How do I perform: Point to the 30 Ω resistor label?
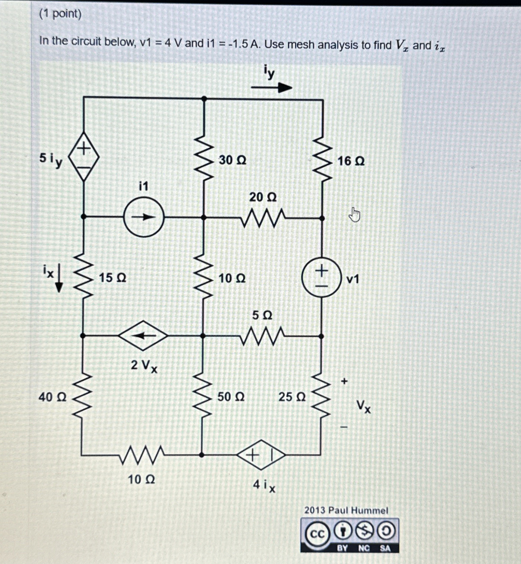point(233,160)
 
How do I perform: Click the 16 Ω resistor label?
point(351,161)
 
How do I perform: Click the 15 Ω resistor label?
point(113,278)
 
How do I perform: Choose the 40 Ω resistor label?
point(53,397)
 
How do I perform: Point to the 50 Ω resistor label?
point(231,396)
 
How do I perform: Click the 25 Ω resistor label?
point(292,397)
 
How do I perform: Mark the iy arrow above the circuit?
point(271,88)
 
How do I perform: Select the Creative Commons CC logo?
point(317,534)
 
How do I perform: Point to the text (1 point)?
point(60,14)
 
